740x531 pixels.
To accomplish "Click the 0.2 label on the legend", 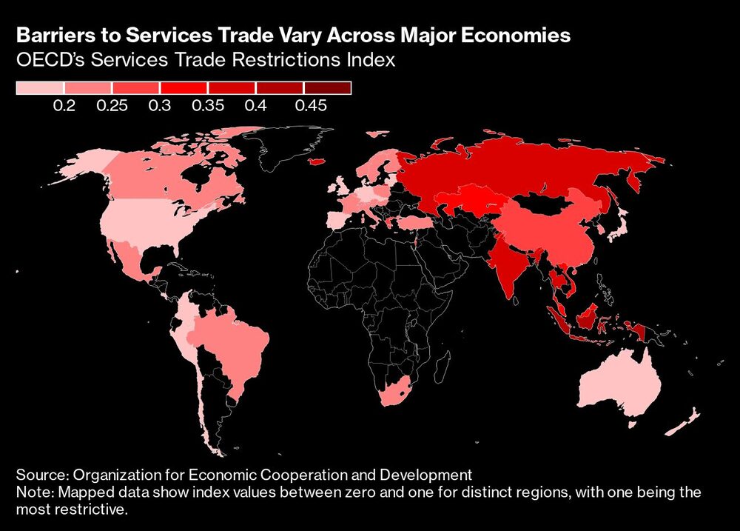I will (64, 106).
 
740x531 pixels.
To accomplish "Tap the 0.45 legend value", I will (311, 106).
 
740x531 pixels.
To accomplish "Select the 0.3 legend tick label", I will (159, 106).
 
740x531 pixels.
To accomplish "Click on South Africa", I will (404, 392).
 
